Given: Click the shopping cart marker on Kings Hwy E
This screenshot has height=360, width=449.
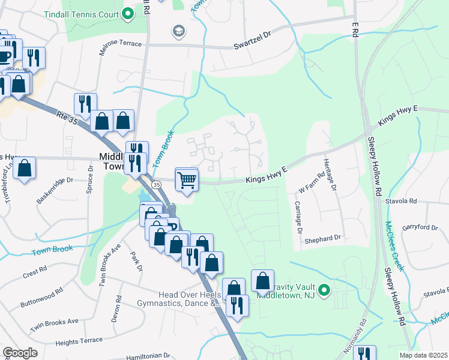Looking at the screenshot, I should pyautogui.click(x=187, y=179).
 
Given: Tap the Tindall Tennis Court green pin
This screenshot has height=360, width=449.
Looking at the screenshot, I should pyautogui.click(x=127, y=14).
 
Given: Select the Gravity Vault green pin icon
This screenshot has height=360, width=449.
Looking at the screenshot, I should pyautogui.click(x=324, y=291).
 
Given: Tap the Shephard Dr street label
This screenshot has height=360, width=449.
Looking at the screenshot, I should pyautogui.click(x=322, y=238).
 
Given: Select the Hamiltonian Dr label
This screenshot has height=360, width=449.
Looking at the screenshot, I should pyautogui.click(x=147, y=356).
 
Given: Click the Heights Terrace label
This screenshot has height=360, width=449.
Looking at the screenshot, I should pyautogui.click(x=79, y=341).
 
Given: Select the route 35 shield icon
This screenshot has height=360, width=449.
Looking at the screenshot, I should pyautogui.click(x=155, y=184).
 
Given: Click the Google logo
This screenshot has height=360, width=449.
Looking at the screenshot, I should pyautogui.click(x=20, y=353).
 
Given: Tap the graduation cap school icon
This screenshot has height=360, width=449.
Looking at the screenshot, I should pyautogui.click(x=178, y=31).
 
